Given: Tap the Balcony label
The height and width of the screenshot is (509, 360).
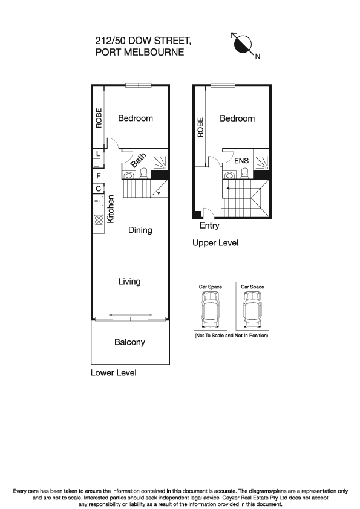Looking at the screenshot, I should [129, 342].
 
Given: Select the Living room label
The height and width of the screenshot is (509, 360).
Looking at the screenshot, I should [129, 281].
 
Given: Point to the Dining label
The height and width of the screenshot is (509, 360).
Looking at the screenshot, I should [140, 230].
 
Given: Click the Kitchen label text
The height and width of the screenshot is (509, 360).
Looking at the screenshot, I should [111, 209].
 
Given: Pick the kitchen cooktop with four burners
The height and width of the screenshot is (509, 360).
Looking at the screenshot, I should [98, 220].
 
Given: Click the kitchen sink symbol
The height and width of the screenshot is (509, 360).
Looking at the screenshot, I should [98, 202].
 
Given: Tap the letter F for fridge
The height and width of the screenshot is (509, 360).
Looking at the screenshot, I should [97, 176].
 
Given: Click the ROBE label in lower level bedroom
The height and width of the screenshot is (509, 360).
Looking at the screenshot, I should [99, 118].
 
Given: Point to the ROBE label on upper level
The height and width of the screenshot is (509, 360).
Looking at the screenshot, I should [200, 127].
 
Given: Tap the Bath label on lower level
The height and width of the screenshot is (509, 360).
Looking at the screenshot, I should [139, 161].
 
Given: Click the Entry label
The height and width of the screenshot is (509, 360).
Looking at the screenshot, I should [209, 226].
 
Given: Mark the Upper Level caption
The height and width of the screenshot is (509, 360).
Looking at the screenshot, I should [215, 243].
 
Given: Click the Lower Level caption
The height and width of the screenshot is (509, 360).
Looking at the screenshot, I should [113, 373].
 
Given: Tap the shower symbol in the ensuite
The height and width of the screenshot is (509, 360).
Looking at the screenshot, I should [261, 161].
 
